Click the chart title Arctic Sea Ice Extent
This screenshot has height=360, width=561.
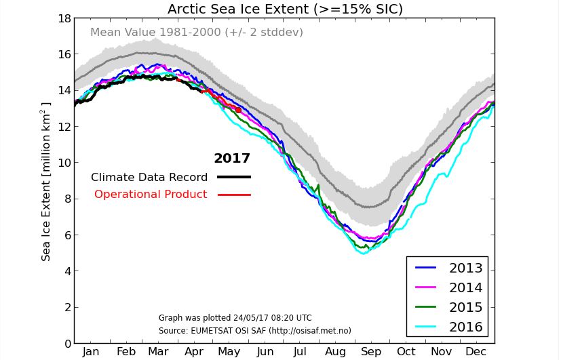pyautogui.click(x=285, y=9)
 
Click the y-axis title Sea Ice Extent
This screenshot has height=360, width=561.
pyautogui.click(x=46, y=182)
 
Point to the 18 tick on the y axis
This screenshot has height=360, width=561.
pyautogui.click(x=64, y=18)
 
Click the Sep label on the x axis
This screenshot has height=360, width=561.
pyautogui.click(x=370, y=352)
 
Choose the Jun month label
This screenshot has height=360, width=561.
pyautogui.click(x=265, y=352)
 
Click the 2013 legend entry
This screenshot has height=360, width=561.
pyautogui.click(x=465, y=268)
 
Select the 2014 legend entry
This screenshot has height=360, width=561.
pyautogui.click(x=465, y=287)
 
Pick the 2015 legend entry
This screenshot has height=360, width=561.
pyautogui.click(x=465, y=307)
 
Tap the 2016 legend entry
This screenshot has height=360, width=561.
pyautogui.click(x=465, y=327)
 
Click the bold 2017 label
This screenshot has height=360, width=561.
pyautogui.click(x=232, y=159)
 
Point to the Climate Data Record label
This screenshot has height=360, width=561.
pyautogui.click(x=149, y=178)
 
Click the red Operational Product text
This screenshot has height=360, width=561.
pyautogui.click(x=151, y=195)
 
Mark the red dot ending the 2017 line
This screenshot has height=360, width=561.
pyautogui.click(x=238, y=110)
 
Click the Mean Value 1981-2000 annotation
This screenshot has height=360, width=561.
pyautogui.click(x=197, y=33)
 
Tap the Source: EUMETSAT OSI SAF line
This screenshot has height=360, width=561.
pyautogui.click(x=254, y=331)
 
